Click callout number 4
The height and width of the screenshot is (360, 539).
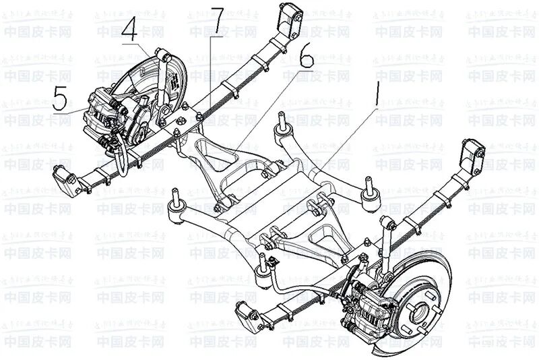[131, 30]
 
